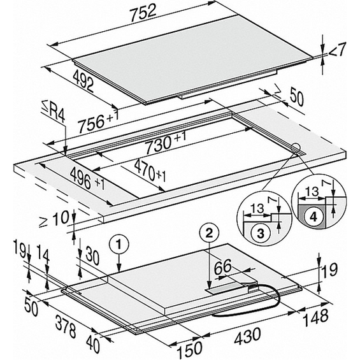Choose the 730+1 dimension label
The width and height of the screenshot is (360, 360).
pyautogui.click(x=164, y=143)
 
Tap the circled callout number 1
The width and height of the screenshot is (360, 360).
pyautogui.click(x=117, y=242)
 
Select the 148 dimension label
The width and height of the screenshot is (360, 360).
pyautogui.click(x=316, y=316)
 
